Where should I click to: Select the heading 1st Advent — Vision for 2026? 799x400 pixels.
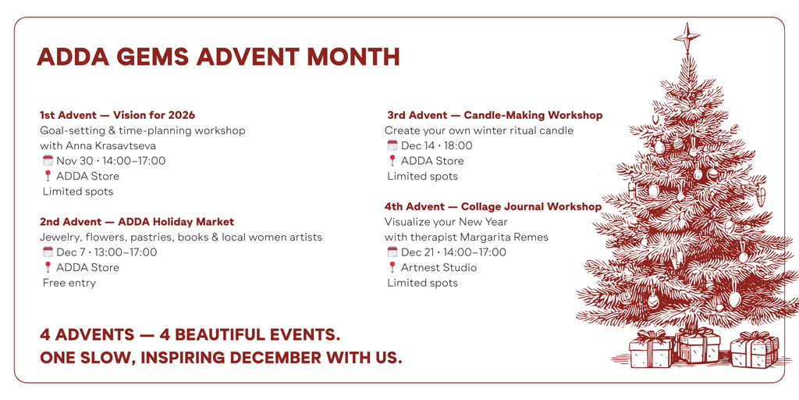117,115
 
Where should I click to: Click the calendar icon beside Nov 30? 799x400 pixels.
48,161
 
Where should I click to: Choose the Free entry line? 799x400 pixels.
69,283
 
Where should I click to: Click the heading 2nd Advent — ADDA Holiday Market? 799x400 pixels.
137,222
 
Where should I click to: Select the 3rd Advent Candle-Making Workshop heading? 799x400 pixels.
493,115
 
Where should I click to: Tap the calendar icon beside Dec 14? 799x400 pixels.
392,145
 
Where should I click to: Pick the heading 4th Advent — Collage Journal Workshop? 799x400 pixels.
492,207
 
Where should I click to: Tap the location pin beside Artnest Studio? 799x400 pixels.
392,267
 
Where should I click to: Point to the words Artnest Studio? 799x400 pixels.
439,267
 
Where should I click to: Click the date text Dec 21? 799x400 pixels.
417,252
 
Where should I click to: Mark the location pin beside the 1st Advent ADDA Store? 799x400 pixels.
48,177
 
